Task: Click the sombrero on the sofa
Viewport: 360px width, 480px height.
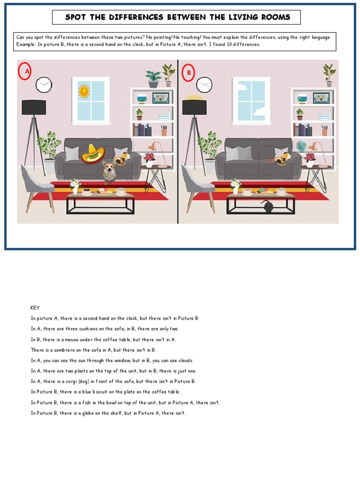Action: click(x=92, y=154)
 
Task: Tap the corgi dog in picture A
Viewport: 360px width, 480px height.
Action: click(x=110, y=172)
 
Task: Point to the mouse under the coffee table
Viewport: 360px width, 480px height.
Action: click(x=267, y=206)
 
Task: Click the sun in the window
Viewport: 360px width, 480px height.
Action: click(x=84, y=91)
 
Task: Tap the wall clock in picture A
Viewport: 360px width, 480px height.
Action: click(x=44, y=85)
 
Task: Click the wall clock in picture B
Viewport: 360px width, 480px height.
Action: click(x=204, y=85)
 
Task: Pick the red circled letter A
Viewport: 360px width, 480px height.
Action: click(x=25, y=72)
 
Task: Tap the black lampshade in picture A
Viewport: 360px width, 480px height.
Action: click(x=34, y=107)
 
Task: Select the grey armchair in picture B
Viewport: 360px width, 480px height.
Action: click(x=196, y=186)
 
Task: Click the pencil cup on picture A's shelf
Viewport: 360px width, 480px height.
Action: click(x=164, y=130)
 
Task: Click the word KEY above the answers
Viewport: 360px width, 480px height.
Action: click(x=35, y=308)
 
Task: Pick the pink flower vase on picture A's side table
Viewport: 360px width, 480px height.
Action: click(x=150, y=160)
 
